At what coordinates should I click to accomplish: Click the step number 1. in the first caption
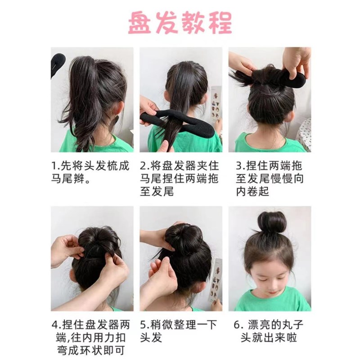[x=56, y=166]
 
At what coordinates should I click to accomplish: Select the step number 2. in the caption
[x=145, y=166]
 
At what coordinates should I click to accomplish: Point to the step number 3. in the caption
[x=234, y=166]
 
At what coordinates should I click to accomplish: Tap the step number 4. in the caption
[x=56, y=324]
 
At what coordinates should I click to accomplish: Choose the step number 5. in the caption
[x=145, y=324]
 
